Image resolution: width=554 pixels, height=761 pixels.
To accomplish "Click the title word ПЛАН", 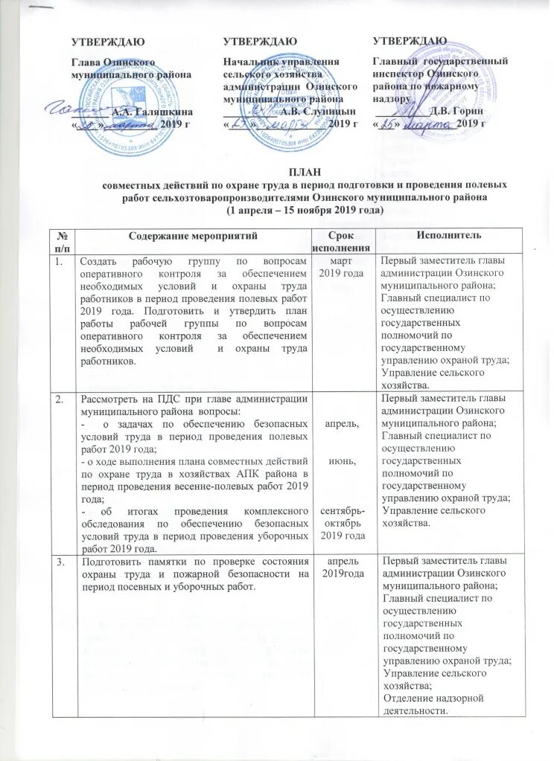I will (x=304, y=172).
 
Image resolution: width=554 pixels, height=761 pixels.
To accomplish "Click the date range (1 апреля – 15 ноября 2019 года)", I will (x=304, y=210).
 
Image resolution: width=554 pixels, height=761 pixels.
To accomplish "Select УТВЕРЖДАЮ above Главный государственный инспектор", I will (x=409, y=39).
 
